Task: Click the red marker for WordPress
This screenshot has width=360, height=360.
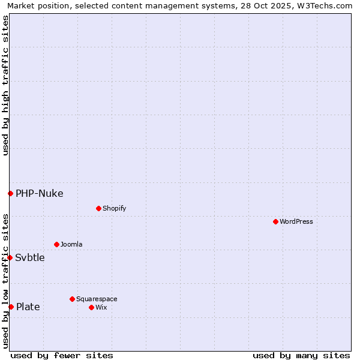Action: (x=275, y=221)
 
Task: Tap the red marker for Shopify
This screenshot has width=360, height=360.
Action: (x=98, y=208)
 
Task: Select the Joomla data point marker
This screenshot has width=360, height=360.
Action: (x=56, y=244)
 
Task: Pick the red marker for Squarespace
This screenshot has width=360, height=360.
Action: (x=72, y=299)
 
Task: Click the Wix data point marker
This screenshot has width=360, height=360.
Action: (x=91, y=307)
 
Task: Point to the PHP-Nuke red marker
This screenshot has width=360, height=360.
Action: (x=10, y=193)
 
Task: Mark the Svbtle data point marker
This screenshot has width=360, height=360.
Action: (x=10, y=257)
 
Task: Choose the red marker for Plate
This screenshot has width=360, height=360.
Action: (x=11, y=307)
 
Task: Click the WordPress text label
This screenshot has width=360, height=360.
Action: (x=296, y=221)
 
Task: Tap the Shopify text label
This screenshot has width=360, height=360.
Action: (x=114, y=208)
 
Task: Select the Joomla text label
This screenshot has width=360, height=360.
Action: (x=71, y=244)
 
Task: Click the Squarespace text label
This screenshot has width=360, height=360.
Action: (x=97, y=299)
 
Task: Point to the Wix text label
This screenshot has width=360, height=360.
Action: (x=101, y=307)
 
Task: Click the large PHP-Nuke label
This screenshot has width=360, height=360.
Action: (x=40, y=193)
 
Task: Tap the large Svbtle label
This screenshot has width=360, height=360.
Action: (x=30, y=257)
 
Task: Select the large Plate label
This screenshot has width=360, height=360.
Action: (x=28, y=307)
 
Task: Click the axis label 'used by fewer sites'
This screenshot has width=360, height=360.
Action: (x=62, y=355)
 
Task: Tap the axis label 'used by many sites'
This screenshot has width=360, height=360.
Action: (x=301, y=355)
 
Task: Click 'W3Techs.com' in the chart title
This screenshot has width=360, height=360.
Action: (x=328, y=5)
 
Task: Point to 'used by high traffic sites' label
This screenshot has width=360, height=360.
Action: (x=5, y=85)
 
